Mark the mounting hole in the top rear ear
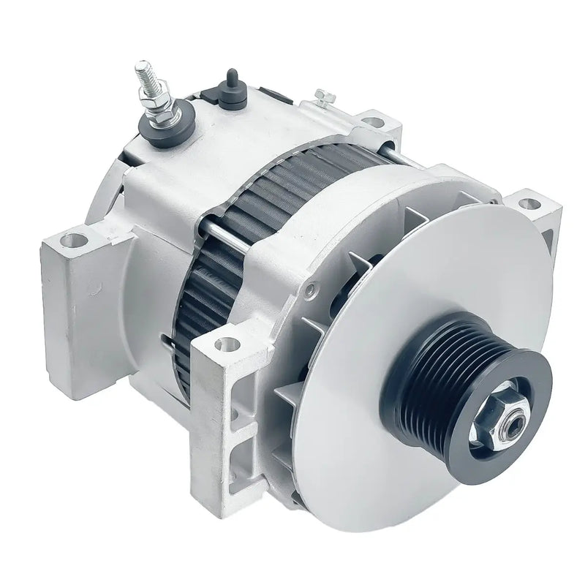(373, 122)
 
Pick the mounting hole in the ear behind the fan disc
(528, 204)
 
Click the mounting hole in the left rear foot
(72, 239)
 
